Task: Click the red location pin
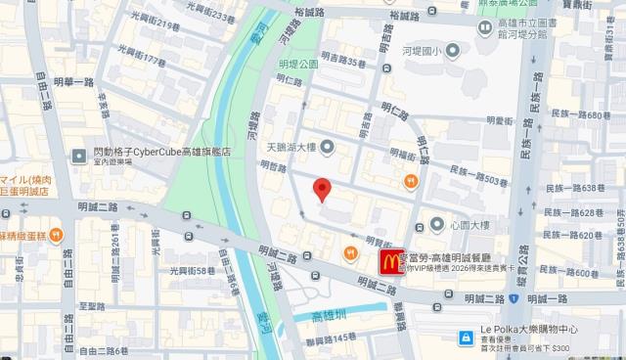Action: coord(320,190)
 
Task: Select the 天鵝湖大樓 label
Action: coord(286,148)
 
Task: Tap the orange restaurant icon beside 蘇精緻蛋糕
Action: coord(57,234)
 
